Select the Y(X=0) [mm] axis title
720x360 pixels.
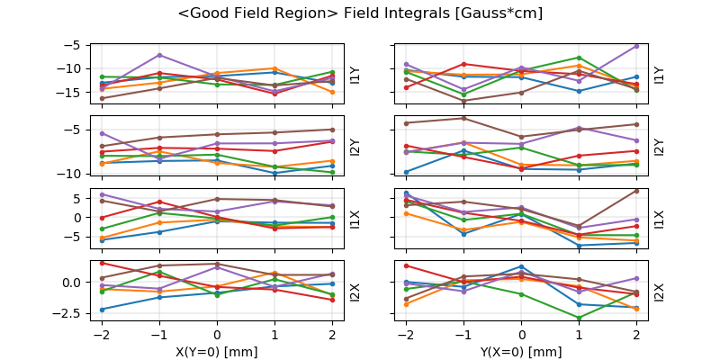coord(521,351)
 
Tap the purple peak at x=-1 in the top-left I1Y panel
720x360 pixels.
coord(159,55)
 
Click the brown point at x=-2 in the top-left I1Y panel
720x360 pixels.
coord(102,98)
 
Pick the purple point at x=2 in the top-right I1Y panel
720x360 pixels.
coord(636,46)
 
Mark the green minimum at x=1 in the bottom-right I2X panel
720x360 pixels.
coord(579,318)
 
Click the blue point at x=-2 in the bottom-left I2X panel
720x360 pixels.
coord(102,310)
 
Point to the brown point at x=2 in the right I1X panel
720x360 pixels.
coord(636,190)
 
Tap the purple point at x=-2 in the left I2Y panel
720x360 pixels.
coord(102,133)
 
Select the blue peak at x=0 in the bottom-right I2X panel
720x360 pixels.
coord(521,266)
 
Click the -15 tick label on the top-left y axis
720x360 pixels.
coord(71,93)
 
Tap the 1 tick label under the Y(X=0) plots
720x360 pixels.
coord(579,335)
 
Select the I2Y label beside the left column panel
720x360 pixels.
coord(355,146)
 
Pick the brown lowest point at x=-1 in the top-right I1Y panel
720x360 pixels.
coord(463,101)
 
